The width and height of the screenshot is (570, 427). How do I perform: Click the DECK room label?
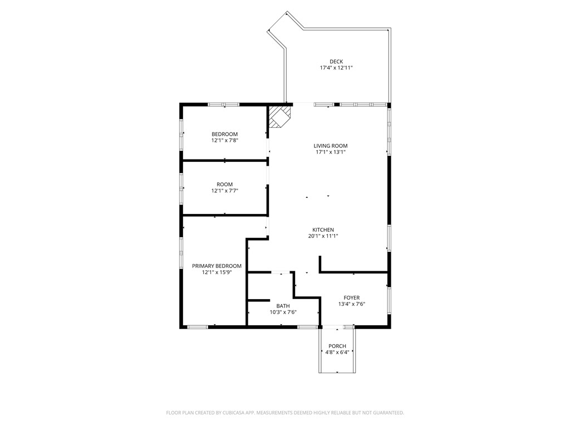click(336, 62)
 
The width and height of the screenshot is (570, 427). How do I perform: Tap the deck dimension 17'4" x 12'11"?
click(336, 68)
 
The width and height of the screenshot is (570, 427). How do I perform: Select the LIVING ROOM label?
click(331, 146)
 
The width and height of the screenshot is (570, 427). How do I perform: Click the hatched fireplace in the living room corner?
click(279, 117)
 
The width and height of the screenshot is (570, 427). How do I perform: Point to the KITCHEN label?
click(323, 230)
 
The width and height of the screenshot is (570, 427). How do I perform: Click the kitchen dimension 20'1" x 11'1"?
click(323, 236)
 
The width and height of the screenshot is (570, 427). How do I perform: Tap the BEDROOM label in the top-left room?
click(224, 134)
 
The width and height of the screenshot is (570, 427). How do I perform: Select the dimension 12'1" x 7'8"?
click(224, 141)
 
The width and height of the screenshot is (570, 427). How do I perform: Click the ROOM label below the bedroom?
click(224, 185)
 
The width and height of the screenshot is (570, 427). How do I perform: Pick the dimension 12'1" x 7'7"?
click(224, 191)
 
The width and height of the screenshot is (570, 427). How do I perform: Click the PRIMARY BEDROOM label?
click(217, 266)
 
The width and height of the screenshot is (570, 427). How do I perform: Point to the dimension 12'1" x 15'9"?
click(217, 272)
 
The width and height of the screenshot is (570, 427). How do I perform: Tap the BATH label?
click(283, 306)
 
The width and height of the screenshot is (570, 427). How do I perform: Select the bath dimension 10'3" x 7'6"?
click(283, 312)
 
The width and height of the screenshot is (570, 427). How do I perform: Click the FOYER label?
click(351, 298)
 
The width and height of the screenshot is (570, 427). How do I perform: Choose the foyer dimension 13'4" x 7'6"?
click(351, 304)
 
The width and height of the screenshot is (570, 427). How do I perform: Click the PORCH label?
click(337, 346)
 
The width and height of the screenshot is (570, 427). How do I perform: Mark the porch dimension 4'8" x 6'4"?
click(337, 352)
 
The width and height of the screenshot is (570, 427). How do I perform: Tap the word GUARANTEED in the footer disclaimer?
click(387, 413)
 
